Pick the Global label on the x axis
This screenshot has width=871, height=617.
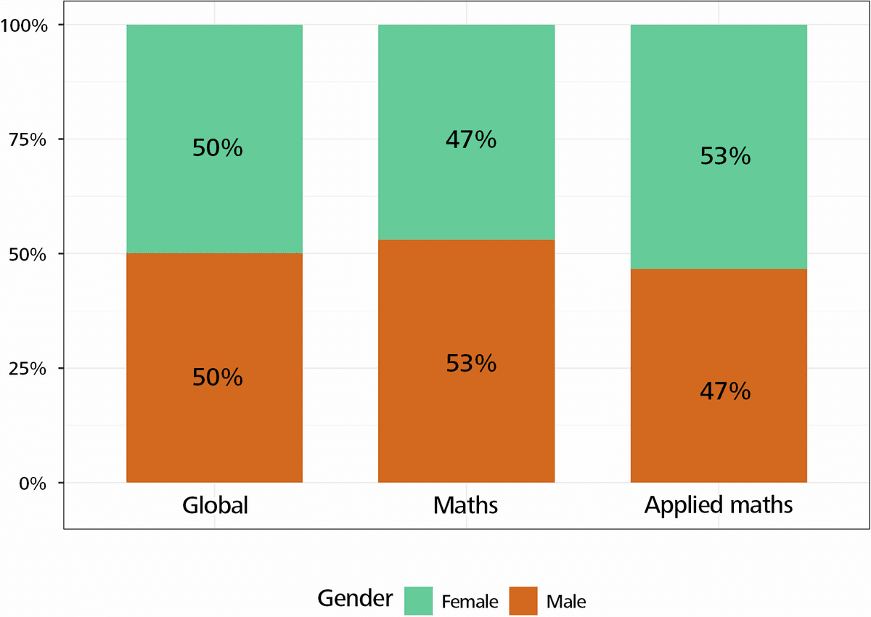click(215, 505)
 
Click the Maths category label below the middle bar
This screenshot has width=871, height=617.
click(466, 505)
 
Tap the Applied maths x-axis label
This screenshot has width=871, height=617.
click(719, 505)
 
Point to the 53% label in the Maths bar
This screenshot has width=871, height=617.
click(471, 363)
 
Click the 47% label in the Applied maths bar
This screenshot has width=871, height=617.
click(725, 392)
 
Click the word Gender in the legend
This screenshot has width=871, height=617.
click(355, 600)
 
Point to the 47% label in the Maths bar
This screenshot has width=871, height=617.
click(471, 139)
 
